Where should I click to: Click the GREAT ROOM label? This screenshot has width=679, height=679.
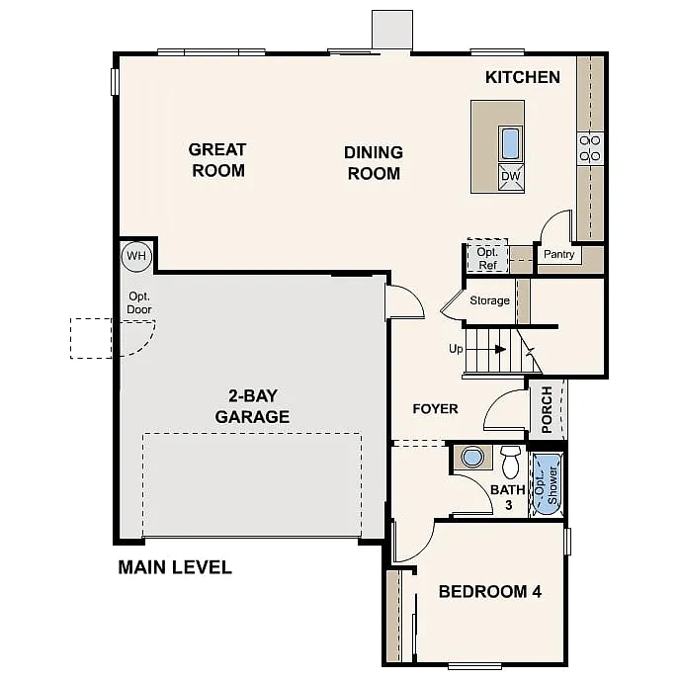217,160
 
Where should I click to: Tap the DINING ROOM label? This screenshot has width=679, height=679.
373,163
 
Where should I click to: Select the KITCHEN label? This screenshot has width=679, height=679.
522,77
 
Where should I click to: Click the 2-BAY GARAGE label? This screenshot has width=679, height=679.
252,405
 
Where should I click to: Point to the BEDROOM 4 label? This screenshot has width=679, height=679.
489,592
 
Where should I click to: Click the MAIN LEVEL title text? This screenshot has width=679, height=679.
175,567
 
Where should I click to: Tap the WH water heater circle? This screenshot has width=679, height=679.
135,257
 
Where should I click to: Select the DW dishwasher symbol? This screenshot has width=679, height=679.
510,177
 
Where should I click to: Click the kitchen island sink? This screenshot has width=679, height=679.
510,144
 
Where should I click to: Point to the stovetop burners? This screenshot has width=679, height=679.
590,148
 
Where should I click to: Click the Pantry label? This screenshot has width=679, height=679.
558,255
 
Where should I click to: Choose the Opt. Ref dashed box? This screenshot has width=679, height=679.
485,257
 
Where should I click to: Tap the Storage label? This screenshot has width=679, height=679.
489,300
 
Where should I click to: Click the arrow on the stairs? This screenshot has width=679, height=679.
499,349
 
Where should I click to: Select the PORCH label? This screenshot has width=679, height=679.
547,409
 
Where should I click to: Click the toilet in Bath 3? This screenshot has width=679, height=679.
510,461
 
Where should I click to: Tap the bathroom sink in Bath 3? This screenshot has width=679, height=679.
473,458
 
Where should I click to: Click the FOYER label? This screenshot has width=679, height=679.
435,408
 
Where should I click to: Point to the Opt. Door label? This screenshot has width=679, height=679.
139,302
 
